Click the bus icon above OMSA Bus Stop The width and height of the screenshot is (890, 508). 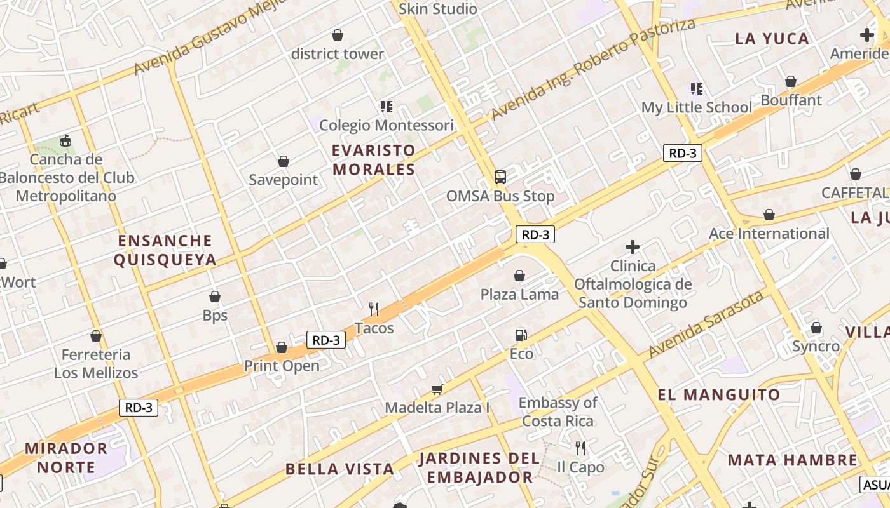(500, 177)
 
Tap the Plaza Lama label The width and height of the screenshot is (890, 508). (519, 294)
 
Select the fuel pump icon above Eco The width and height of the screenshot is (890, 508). (521, 335)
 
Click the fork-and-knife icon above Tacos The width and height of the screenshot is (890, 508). (374, 309)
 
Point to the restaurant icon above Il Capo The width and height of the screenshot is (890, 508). (580, 448)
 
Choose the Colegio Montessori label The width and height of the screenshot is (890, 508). (386, 125)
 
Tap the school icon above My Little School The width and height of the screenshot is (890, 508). (697, 89)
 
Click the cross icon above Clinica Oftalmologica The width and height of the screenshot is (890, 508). (633, 247)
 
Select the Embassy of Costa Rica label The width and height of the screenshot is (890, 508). (558, 411)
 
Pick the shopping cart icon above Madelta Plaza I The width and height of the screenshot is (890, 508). (437, 389)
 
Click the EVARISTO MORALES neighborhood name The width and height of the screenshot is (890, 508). (374, 160)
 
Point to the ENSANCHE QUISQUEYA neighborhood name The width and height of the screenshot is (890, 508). (165, 250)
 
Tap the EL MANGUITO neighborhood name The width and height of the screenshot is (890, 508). (718, 395)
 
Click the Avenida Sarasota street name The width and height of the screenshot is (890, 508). (706, 323)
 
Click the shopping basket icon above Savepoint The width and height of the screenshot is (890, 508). (284, 162)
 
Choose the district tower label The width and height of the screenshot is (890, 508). (338, 54)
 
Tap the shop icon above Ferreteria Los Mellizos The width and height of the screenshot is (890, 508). (96, 336)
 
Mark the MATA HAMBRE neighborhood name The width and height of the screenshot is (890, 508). (793, 460)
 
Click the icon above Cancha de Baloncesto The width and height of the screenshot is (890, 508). (65, 140)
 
